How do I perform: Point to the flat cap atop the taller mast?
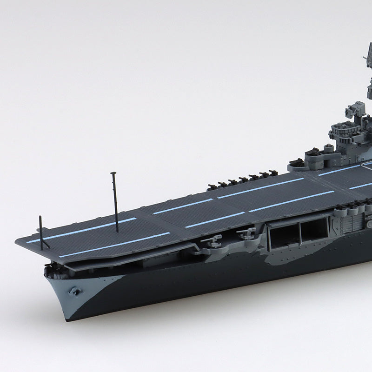tap(113, 173)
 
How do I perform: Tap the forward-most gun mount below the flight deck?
tap(213, 240)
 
